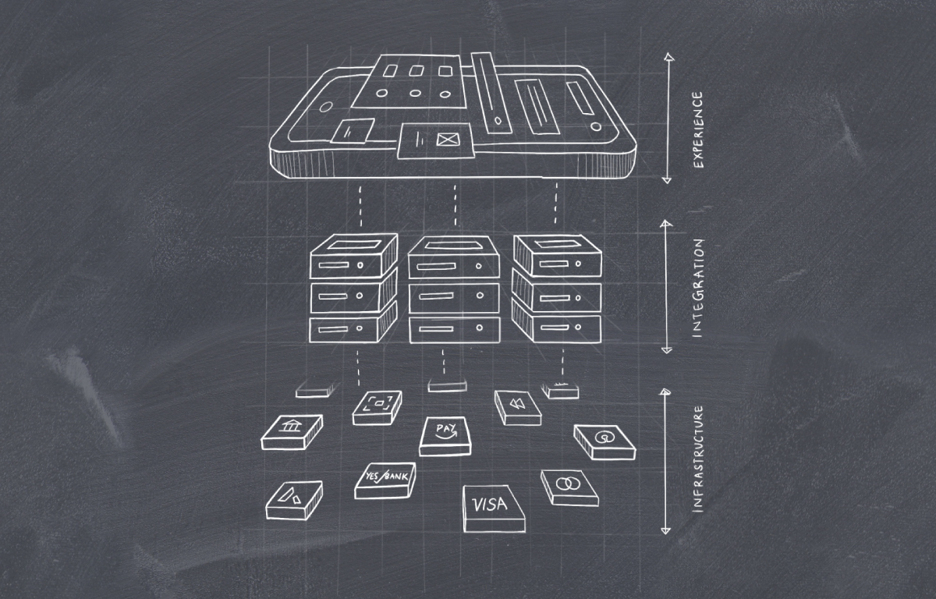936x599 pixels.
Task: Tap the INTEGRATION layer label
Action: pos(697,288)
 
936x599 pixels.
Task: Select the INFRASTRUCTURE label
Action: pos(698,458)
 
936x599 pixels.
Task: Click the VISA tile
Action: pos(493,508)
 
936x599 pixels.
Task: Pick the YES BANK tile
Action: pos(385,480)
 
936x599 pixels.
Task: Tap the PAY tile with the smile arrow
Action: pos(445,436)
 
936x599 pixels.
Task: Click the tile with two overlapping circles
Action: pos(569,487)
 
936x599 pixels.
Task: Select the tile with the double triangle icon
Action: pos(517,407)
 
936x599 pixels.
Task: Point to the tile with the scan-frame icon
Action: pos(378,407)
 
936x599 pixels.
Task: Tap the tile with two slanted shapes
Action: pos(294,499)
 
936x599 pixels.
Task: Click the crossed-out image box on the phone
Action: pos(446,140)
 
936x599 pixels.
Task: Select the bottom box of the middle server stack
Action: pos(454,328)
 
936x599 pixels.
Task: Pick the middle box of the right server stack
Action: pos(557,296)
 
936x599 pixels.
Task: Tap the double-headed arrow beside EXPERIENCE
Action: pos(666,118)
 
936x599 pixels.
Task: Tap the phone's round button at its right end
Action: pos(596,126)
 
